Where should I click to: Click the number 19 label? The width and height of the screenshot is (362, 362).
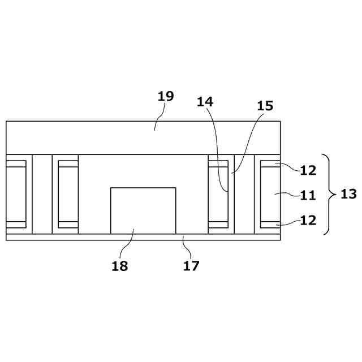(165, 96)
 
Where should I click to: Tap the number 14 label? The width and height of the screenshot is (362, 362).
(205, 102)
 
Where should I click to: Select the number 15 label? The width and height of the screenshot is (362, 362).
(265, 106)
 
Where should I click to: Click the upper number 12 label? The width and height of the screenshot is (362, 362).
(308, 170)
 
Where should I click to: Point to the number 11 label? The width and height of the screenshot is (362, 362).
(308, 196)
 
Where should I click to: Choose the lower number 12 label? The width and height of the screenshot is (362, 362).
(308, 220)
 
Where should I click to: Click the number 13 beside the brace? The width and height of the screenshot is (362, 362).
(348, 194)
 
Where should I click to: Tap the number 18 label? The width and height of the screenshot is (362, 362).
(119, 266)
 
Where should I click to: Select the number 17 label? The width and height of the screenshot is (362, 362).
(191, 265)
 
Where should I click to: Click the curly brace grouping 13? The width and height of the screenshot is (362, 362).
(329, 194)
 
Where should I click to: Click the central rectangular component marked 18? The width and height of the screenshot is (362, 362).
(143, 210)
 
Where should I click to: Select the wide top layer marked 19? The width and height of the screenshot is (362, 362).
(143, 137)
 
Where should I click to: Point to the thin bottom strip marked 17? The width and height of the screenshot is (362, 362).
(143, 237)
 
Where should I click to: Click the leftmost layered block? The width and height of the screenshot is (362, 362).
(16, 194)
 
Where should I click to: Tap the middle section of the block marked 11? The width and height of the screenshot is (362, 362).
(270, 194)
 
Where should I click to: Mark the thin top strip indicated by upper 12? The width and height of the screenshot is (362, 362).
(270, 164)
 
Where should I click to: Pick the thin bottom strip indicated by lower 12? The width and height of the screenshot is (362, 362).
(270, 225)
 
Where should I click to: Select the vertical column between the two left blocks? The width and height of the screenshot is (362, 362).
(42, 194)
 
